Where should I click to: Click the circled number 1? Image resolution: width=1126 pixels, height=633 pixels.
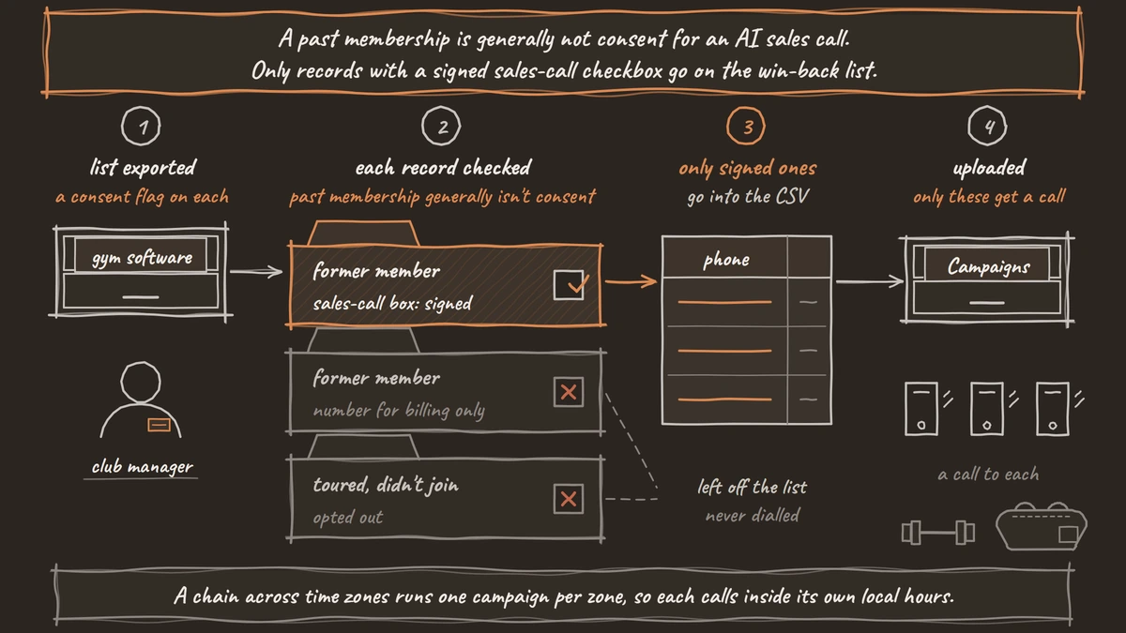click(141, 126)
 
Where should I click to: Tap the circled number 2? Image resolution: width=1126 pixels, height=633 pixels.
click(441, 126)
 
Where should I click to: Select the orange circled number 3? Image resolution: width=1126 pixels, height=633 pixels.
click(746, 126)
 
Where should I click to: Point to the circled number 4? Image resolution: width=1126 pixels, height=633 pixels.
click(987, 126)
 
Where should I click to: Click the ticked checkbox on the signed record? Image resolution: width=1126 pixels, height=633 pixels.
click(569, 285)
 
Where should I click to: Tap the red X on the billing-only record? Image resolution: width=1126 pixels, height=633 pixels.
click(569, 392)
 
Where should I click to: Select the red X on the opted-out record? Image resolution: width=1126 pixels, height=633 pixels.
click(569, 499)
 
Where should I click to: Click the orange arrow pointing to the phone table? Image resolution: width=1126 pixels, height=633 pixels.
click(631, 281)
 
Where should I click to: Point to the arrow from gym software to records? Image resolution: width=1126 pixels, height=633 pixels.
click(256, 272)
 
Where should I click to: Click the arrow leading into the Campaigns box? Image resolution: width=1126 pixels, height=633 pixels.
click(870, 281)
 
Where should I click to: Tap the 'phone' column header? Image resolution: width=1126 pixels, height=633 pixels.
click(726, 259)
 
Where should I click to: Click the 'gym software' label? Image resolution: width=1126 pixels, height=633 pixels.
click(142, 258)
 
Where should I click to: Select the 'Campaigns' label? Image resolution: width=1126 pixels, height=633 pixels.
click(988, 266)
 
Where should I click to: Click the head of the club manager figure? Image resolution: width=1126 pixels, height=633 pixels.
click(141, 382)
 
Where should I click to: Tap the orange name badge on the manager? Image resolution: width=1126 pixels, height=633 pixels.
click(159, 425)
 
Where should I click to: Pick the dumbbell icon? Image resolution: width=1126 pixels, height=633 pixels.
click(938, 533)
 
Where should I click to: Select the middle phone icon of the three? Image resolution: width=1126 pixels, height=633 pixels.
click(987, 409)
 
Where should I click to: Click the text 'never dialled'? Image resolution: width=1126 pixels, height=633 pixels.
click(753, 516)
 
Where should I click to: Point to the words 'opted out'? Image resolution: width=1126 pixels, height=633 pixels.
click(348, 518)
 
